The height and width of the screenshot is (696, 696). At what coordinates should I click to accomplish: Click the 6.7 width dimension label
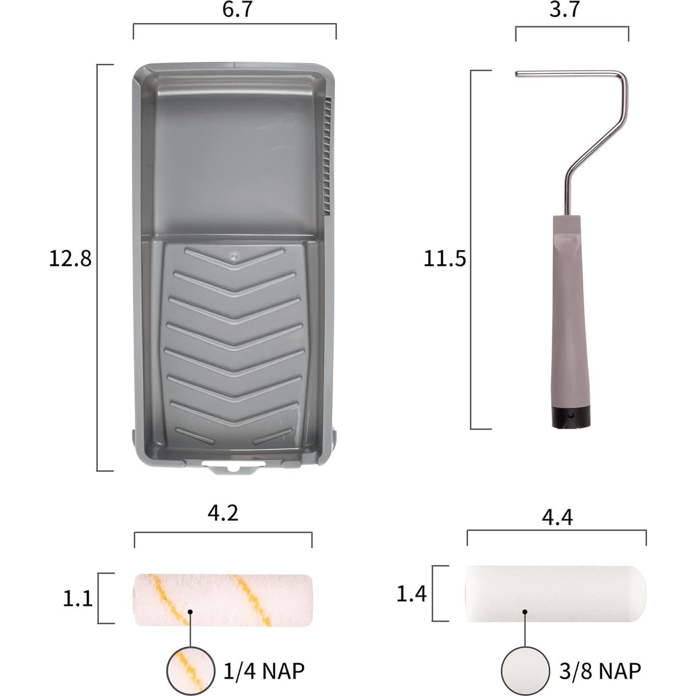(x=237, y=9)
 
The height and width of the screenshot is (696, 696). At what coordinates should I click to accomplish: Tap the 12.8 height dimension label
(x=70, y=258)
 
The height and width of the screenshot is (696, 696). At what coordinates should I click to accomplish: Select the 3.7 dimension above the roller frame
(x=564, y=9)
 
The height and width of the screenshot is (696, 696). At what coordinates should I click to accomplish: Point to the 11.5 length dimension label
(x=444, y=259)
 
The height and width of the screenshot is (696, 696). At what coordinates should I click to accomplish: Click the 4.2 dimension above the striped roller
(x=223, y=513)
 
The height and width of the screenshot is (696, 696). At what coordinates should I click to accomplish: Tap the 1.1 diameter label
(x=78, y=599)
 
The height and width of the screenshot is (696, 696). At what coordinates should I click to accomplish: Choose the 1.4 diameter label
(x=411, y=594)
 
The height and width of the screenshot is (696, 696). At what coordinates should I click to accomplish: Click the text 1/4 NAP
(x=264, y=670)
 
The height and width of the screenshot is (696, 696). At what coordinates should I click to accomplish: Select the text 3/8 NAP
(x=600, y=670)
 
